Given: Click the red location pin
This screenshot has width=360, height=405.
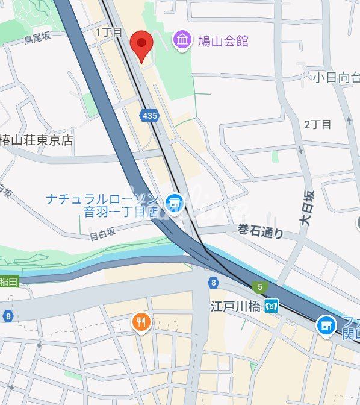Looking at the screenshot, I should coord(141,44).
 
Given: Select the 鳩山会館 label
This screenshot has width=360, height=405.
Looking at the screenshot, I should coord(223,41).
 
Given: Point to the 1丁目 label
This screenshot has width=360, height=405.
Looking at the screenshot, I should coord(109,32).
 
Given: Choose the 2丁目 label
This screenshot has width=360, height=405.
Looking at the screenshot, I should coord(318,124).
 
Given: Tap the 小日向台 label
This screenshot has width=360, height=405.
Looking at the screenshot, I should coord(336,77).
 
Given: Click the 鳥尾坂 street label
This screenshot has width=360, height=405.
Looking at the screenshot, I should coord(38,39).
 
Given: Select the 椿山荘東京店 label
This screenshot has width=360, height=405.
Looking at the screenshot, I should coord(36,139).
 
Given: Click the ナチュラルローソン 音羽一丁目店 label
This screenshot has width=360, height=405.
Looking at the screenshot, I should coord(102,205).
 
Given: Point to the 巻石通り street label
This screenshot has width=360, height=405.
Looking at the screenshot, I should coord(260,230).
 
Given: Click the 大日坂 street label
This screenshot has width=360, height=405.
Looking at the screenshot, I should coord(307,209).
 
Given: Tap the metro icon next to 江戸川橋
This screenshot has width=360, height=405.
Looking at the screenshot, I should coord(272,306).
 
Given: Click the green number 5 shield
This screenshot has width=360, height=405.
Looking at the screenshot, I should coord(259,287).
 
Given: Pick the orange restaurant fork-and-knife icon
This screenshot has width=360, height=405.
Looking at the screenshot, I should coord(141,322).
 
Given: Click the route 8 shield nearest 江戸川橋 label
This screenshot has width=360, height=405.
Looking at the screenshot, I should coord(213,282).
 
